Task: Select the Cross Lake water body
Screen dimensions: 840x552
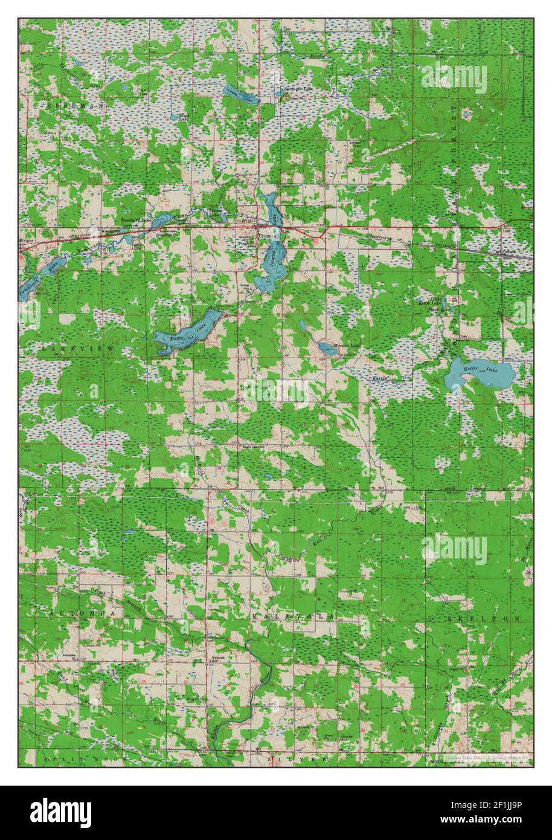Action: pyautogui.click(x=240, y=94)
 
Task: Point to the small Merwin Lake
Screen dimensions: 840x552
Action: pyautogui.click(x=328, y=347)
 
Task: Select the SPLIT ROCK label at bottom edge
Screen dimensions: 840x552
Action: pyautogui.click(x=69, y=757)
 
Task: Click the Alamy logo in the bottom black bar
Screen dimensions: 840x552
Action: pyautogui.click(x=61, y=812)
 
